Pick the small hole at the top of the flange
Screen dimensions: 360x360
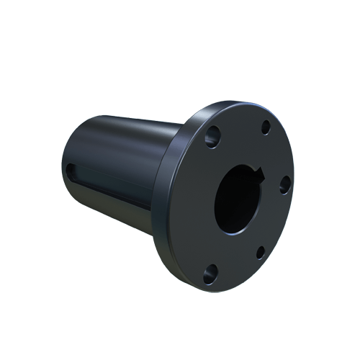click(266, 127)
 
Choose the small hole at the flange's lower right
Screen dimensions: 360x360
click(260, 253)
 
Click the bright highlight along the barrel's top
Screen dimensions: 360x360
click(130, 115)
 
